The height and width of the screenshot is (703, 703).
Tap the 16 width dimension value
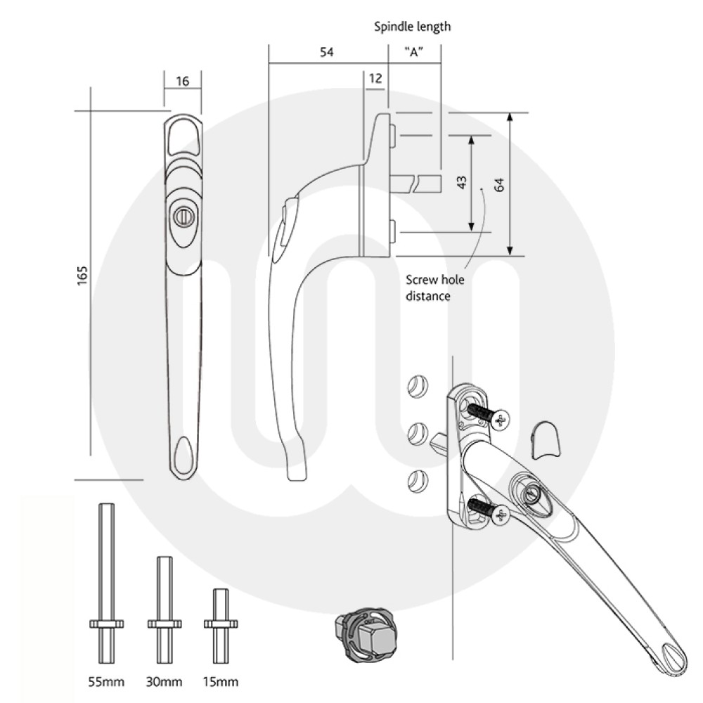182,82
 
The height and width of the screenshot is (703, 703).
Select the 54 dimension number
325,53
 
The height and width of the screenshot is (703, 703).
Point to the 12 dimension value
375,78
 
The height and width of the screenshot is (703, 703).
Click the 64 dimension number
500,184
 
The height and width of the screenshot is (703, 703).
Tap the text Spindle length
412,27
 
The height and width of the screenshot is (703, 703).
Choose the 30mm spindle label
165,681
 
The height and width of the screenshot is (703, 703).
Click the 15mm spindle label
220,681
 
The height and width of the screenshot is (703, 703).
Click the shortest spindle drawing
219,623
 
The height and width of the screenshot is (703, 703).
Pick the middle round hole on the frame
418,431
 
